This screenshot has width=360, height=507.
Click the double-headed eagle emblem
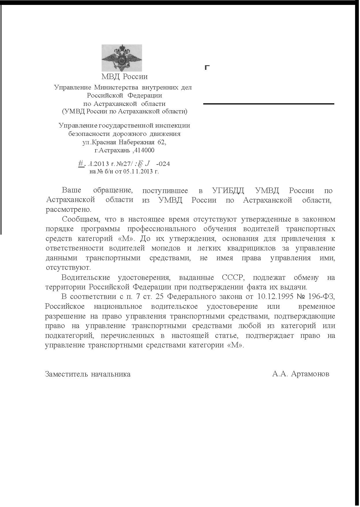[122, 58]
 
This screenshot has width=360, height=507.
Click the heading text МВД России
[124, 77]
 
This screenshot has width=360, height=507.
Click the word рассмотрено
[68, 209]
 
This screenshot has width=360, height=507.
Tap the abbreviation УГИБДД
[228, 190]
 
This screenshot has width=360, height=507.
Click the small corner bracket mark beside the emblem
[207, 68]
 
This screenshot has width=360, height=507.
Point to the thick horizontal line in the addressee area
[268, 104]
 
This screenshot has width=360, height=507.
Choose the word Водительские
[86, 278]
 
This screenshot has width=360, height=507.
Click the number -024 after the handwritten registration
[163, 164]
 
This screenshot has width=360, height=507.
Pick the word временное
[316, 306]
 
